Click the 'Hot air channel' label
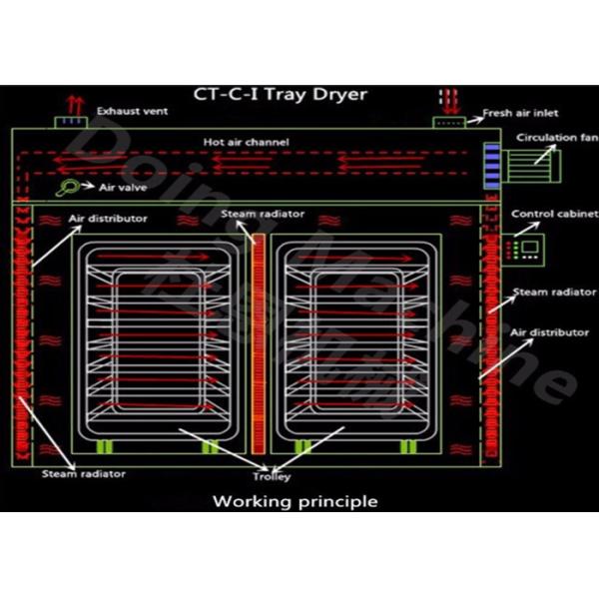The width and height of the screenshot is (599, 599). click(x=246, y=143)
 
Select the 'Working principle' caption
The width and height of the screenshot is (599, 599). click(x=296, y=501)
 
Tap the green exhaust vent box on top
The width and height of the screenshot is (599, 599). click(x=71, y=123)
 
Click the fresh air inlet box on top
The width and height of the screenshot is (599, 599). click(x=448, y=122)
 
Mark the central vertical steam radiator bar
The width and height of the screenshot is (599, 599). click(x=260, y=339)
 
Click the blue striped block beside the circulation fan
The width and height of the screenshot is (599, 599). click(x=490, y=165)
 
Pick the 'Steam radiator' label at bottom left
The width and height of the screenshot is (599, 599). click(x=83, y=473)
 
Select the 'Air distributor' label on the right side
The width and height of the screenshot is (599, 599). click(x=541, y=330)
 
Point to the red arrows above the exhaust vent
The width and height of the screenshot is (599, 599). click(x=71, y=103)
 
